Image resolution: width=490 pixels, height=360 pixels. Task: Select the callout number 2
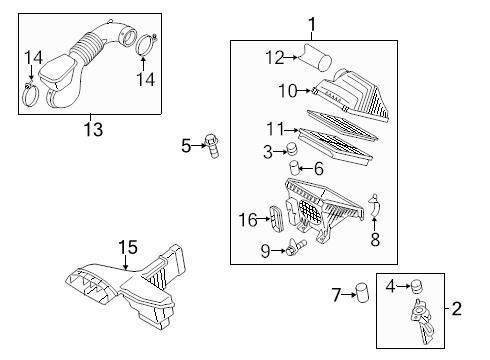(455, 308)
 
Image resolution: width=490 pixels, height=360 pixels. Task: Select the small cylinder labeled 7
(364, 293)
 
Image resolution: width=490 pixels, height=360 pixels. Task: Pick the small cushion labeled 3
(294, 151)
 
